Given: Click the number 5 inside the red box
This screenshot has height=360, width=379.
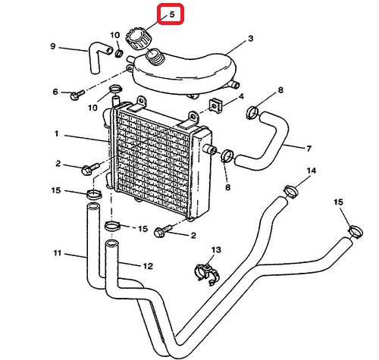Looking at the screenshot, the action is (x=172, y=14).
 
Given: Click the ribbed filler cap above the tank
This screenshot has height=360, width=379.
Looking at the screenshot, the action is (x=137, y=39).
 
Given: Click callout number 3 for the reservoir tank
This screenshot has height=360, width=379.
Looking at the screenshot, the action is (x=250, y=39).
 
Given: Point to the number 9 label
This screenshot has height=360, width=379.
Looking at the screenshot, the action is (x=53, y=46).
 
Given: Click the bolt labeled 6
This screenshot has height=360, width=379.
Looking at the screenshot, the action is (x=77, y=95).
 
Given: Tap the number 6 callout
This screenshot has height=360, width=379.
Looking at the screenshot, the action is (x=55, y=92).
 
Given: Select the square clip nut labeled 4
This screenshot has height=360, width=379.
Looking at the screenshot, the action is (x=215, y=105).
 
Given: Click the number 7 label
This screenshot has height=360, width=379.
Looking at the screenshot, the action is (x=309, y=149).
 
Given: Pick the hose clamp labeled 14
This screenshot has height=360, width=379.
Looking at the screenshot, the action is (x=291, y=192).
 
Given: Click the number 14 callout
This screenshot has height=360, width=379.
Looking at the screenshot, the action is (x=312, y=171).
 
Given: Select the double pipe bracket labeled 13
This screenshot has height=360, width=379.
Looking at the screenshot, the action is (x=207, y=274).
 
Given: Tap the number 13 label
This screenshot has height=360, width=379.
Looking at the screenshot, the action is (x=216, y=250).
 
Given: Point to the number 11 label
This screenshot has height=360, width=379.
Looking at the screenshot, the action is (x=58, y=252).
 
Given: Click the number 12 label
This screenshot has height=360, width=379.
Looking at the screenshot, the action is (x=148, y=266).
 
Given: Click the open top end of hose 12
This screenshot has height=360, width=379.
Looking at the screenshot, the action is (x=112, y=243).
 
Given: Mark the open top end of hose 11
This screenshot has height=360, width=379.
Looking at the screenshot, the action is (x=93, y=206).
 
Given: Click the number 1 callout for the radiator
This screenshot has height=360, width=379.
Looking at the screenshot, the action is (x=57, y=133).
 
